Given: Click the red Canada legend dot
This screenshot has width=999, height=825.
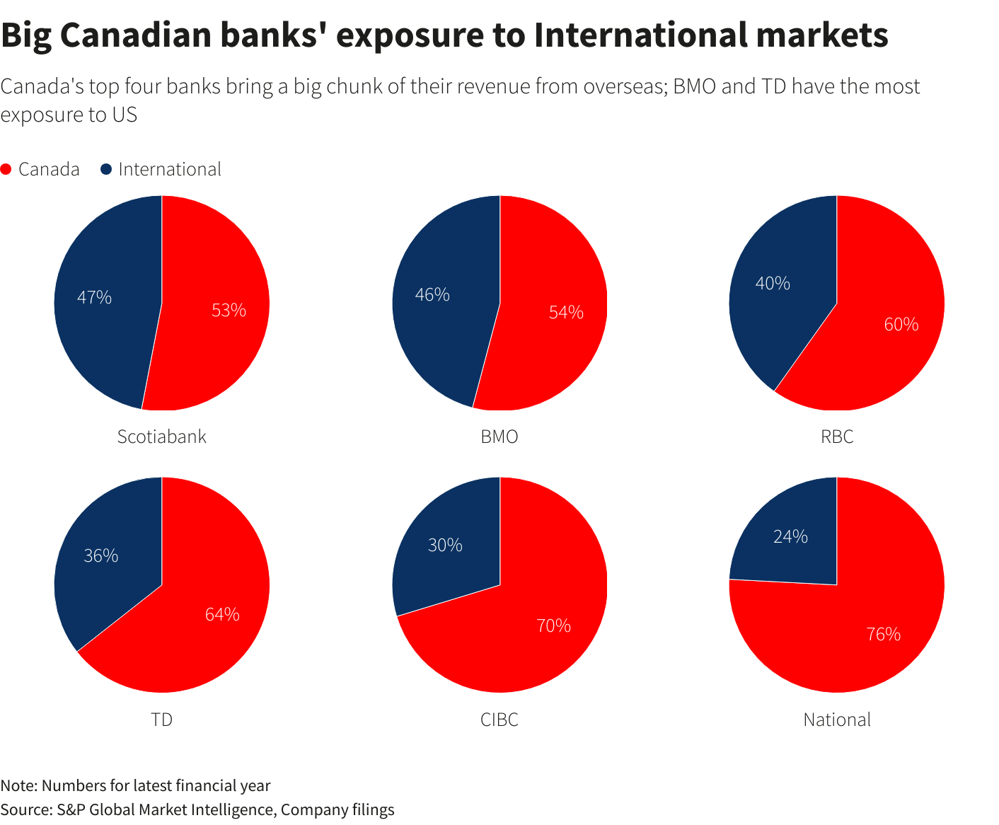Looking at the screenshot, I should (6, 170).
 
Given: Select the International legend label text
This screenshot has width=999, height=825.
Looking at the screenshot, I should (170, 170).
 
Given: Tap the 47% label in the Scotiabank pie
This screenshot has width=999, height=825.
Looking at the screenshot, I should (94, 298).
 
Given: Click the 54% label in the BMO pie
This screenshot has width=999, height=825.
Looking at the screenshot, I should (566, 312).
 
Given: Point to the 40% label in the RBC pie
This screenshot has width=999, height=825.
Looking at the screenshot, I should (773, 284).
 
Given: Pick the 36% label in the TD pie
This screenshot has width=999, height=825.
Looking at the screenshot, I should (100, 556).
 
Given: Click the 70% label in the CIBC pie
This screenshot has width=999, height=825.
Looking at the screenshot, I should (553, 625).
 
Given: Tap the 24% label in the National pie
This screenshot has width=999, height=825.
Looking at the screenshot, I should (790, 537).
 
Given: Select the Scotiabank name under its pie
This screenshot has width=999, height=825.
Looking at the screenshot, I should (162, 437).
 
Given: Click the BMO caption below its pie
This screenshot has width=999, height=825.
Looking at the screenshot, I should (499, 437).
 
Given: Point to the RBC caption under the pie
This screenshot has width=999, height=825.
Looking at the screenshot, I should (837, 437).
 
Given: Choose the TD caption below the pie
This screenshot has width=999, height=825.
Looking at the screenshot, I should (162, 720).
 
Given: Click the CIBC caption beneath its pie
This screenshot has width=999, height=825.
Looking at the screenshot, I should (499, 720).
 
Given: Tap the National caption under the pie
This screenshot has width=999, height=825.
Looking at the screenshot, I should (837, 720).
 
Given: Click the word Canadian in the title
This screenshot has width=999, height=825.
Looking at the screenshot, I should (135, 35).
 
